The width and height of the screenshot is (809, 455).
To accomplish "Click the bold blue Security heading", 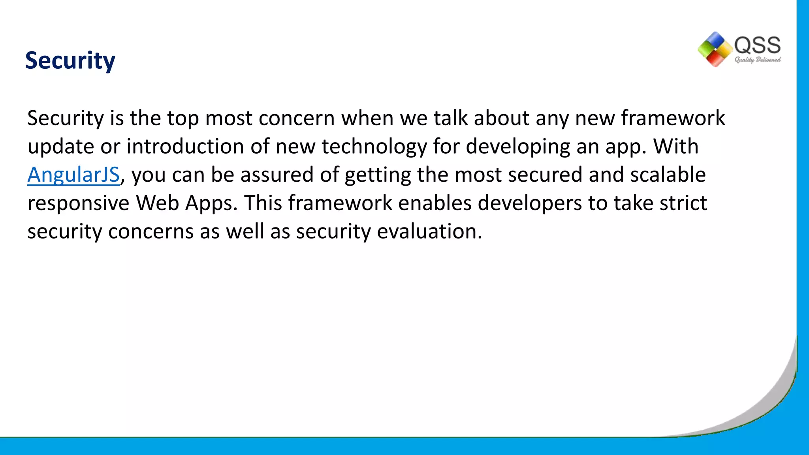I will click(70, 61).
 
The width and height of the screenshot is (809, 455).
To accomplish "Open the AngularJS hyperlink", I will click(73, 175).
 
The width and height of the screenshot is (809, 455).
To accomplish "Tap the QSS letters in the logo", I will click(757, 45).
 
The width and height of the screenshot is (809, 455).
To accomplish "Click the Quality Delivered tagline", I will click(757, 60).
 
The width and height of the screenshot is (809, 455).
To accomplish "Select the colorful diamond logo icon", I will click(715, 49).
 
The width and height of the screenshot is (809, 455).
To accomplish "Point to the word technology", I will click(374, 147).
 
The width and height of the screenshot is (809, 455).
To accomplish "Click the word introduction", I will click(185, 146).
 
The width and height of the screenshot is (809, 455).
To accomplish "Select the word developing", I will click(518, 147).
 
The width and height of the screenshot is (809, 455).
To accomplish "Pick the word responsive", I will click(78, 204).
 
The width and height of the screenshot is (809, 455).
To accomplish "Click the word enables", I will click(435, 203).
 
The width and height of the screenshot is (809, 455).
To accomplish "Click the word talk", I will click(450, 118).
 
